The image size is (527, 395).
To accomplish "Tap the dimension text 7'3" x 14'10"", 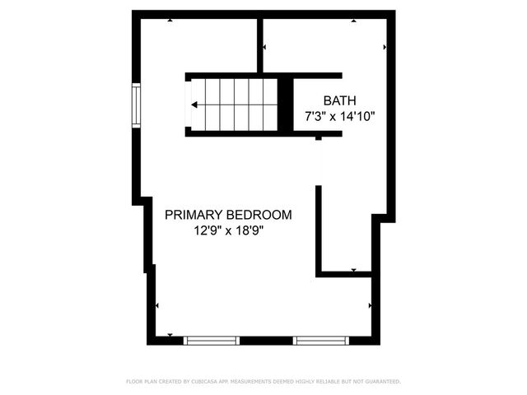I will pos(339,116).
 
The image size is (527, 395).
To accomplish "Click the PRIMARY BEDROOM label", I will pos(228,215).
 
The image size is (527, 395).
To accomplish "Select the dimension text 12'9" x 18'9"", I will pos(228,231).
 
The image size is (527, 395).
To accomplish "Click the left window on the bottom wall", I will pos(212,340).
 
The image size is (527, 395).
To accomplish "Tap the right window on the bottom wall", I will pos(321,340).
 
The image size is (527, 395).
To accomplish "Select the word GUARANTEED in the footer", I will pos(379,382).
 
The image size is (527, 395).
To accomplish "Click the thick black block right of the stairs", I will pos(285,105).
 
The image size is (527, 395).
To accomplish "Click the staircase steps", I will pos(234,105).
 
